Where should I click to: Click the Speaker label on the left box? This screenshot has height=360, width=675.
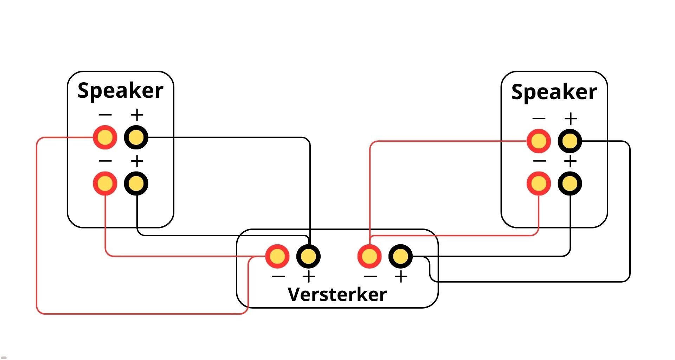pyautogui.click(x=120, y=91)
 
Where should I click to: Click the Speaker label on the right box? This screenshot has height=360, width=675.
pyautogui.click(x=554, y=92)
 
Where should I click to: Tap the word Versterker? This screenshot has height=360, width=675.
pyautogui.click(x=337, y=294)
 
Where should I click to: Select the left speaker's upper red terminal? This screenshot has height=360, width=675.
pyautogui.click(x=105, y=137)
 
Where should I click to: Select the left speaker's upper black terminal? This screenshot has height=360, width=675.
pyautogui.click(x=136, y=137)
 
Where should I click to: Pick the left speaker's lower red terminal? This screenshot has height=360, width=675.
pyautogui.click(x=105, y=183)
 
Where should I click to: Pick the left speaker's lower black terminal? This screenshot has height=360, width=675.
pyautogui.click(x=136, y=183)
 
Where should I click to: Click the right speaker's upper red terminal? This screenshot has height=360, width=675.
pyautogui.click(x=539, y=141)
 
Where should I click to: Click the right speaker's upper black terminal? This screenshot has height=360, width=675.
pyautogui.click(x=570, y=141)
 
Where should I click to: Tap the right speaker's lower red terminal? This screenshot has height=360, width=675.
pyautogui.click(x=539, y=183)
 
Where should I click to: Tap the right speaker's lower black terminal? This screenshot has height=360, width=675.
pyautogui.click(x=570, y=183)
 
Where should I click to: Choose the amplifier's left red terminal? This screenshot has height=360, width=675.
pyautogui.click(x=277, y=256)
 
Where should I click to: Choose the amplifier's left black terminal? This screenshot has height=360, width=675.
pyautogui.click(x=308, y=256)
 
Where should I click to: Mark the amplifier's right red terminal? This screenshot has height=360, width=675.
pyautogui.click(x=369, y=256)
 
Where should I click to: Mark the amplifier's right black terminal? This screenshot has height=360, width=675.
pyautogui.click(x=400, y=256)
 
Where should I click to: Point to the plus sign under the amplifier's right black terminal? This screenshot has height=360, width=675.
pyautogui.click(x=401, y=277)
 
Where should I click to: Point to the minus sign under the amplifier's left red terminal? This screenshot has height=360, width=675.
pyautogui.click(x=278, y=276)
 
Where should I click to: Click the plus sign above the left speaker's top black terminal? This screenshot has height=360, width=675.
pyautogui.click(x=137, y=115)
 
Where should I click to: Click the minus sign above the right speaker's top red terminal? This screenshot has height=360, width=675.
pyautogui.click(x=539, y=118)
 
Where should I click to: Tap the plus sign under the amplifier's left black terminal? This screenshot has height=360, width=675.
pyautogui.click(x=309, y=277)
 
